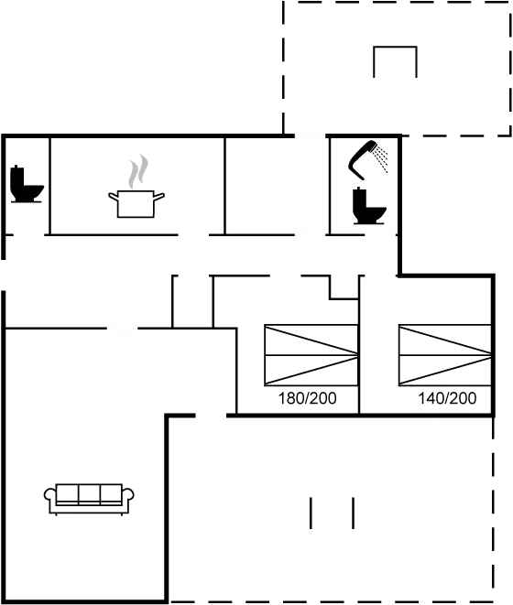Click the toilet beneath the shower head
tap(369, 206)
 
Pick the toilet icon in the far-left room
tap(25, 183)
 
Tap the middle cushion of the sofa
tap(89, 494)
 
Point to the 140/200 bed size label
tap(447, 399)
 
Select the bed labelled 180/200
tap(309, 353)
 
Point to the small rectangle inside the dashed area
tap(396, 62)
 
